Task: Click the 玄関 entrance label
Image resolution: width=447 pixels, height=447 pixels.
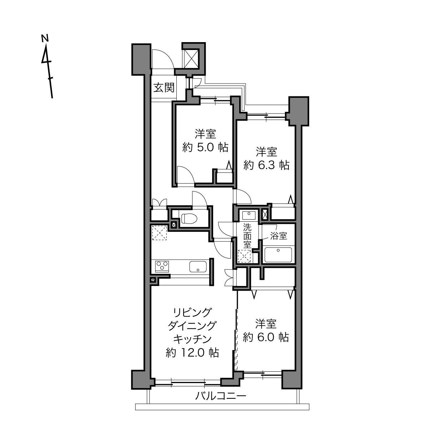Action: [x=164, y=88]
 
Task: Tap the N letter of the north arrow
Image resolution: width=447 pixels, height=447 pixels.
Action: [x=45, y=38]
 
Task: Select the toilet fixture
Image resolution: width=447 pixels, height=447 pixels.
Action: [x=189, y=218]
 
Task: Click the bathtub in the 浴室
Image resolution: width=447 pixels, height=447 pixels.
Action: [x=278, y=255]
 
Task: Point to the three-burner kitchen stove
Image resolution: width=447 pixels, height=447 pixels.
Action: [x=162, y=266]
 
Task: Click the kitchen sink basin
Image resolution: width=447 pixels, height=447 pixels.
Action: [x=198, y=267]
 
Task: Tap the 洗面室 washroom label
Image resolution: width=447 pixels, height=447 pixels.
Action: [x=247, y=236]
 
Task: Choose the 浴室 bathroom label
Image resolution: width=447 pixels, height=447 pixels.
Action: [x=278, y=236]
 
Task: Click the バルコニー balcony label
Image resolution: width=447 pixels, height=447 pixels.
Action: [x=220, y=396]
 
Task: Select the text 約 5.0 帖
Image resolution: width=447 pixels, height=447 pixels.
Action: [x=205, y=147]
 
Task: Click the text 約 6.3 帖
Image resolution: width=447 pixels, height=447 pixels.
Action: [x=266, y=165]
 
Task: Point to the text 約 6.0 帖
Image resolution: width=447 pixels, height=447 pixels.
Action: [x=266, y=337]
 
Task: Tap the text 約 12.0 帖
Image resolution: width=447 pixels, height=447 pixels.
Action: [x=192, y=353]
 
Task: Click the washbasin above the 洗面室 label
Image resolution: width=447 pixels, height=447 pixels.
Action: [x=249, y=215]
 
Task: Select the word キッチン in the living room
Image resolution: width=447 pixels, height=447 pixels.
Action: [x=192, y=339]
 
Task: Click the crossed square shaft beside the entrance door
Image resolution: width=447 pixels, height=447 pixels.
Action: [x=190, y=59]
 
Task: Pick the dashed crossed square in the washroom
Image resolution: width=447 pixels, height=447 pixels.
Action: [x=245, y=256]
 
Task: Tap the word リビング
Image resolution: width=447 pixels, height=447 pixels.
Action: [x=192, y=312]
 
